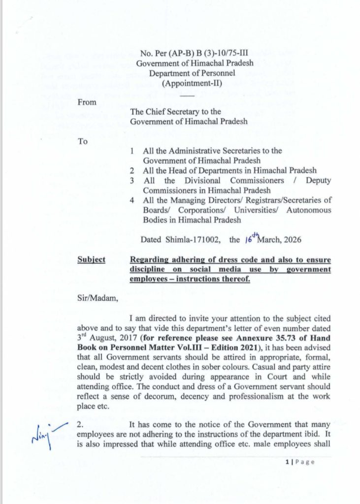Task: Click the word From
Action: click(88, 102)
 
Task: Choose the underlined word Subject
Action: click(91, 260)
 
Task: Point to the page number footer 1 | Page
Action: click(299, 461)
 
